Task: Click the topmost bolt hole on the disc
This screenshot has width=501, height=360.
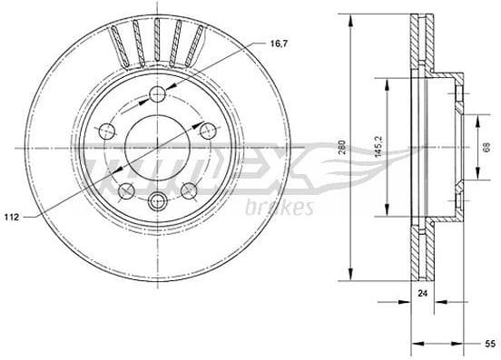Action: (158, 93)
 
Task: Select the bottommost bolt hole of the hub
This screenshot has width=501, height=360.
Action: (158, 200)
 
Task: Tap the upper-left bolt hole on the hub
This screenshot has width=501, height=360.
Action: (107, 129)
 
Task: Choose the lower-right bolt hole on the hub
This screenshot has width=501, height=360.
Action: (189, 190)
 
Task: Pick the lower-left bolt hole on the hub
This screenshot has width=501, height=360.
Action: (126, 190)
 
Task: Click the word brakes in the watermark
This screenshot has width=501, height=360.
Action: (279, 208)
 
